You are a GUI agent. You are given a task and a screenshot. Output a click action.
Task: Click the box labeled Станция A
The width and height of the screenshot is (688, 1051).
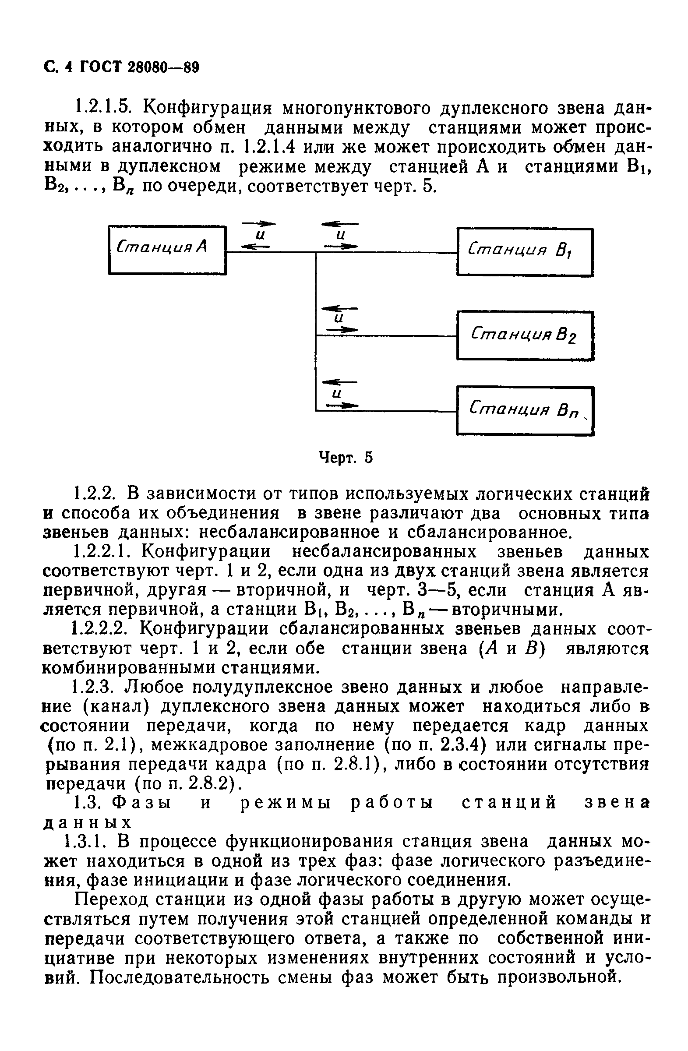click(167, 250)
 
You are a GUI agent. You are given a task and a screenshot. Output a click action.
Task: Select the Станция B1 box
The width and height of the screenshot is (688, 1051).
click(525, 252)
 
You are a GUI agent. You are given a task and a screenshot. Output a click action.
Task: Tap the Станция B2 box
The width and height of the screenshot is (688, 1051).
click(525, 335)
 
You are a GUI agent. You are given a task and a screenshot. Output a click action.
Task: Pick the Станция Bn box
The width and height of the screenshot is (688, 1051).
click(525, 411)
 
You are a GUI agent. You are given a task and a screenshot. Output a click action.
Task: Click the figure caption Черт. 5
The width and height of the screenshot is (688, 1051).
click(346, 458)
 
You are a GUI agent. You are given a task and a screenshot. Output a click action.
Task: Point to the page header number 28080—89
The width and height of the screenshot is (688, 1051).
click(163, 67)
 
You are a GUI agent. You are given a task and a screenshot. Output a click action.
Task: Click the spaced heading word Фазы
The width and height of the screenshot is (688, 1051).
click(141, 802)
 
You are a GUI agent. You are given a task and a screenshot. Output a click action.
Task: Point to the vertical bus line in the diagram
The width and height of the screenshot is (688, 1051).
click(316, 331)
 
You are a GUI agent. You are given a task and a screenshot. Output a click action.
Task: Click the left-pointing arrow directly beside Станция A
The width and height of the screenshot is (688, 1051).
click(254, 247)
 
